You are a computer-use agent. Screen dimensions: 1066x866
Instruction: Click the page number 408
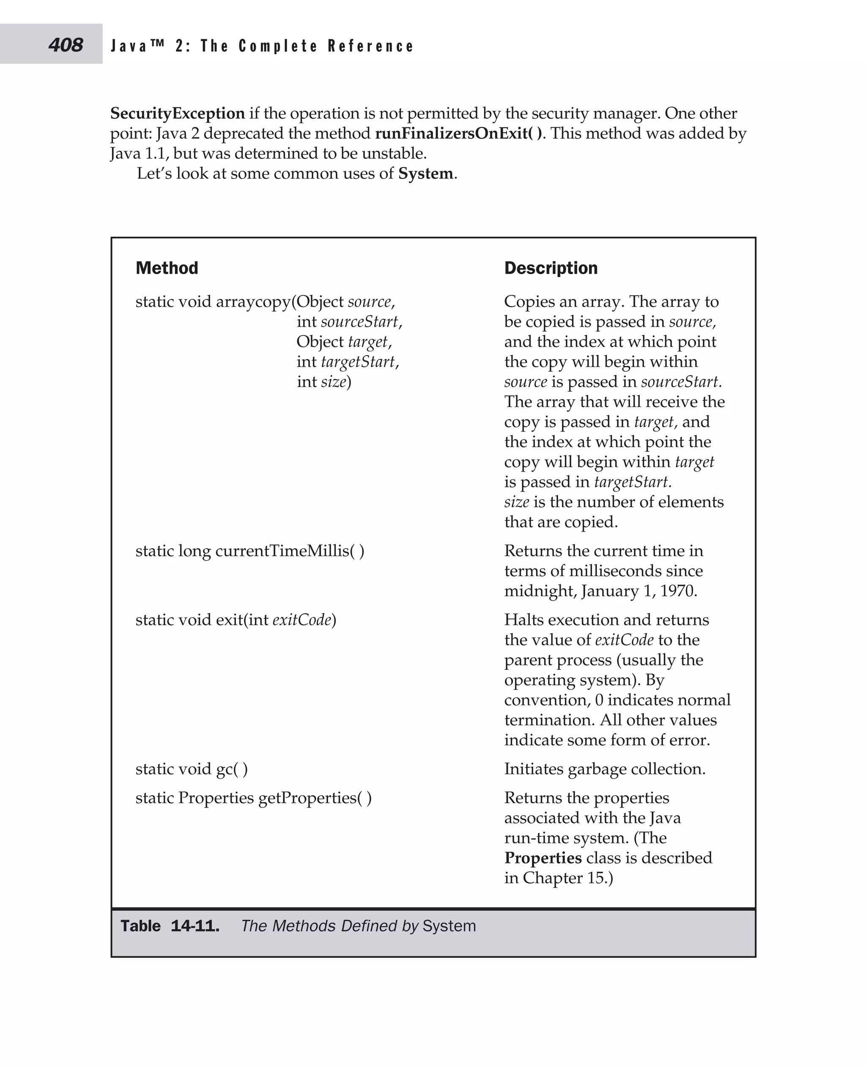tap(66, 45)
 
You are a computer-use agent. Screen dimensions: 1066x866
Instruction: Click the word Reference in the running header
tap(371, 46)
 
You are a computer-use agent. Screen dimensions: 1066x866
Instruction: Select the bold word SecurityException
tap(178, 113)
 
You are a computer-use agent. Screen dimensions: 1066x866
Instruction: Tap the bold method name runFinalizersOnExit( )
tap(458, 133)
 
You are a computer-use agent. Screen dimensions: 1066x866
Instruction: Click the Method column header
tap(167, 268)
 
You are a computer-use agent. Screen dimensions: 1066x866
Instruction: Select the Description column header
tap(551, 268)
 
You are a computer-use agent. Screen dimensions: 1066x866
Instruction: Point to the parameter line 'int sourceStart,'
tap(349, 321)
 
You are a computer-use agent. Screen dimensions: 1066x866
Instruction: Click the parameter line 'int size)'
tap(324, 382)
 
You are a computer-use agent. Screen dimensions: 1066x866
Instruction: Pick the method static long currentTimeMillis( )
tap(250, 550)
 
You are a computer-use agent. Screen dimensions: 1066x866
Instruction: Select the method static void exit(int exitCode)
tap(236, 620)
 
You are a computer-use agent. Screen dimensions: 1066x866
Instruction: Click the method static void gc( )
tap(192, 769)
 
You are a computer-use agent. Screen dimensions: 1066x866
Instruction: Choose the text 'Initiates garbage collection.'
tap(605, 769)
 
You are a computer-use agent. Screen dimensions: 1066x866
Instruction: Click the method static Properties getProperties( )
tap(253, 798)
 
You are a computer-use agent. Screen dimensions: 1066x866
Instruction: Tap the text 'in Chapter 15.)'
tap(558, 878)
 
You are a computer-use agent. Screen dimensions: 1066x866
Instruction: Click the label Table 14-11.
tap(170, 926)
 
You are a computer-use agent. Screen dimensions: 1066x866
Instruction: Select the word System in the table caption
tap(449, 926)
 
